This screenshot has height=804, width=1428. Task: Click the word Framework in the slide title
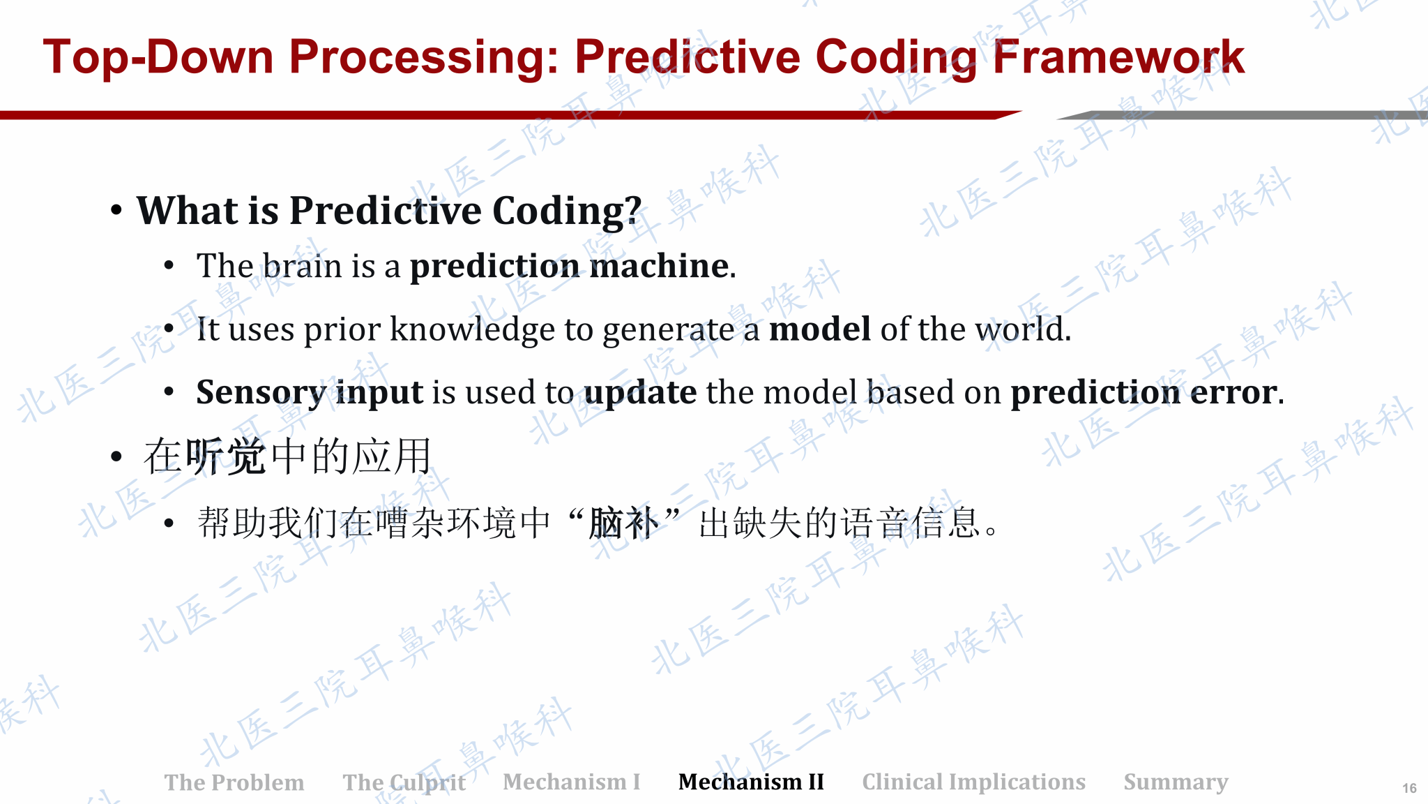point(1118,57)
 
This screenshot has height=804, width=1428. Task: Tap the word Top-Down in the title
point(159,57)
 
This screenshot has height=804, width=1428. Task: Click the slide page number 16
point(1409,788)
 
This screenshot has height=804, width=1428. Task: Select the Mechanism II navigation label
point(751,782)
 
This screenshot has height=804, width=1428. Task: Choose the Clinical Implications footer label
point(973,782)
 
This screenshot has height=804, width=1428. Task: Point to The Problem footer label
point(234,782)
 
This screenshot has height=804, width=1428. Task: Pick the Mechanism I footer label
point(572,782)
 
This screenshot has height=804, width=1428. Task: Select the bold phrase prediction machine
point(570,266)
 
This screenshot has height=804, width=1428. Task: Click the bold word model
point(820,329)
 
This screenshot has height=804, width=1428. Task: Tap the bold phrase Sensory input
point(310,392)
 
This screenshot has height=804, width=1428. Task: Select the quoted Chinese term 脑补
point(623,523)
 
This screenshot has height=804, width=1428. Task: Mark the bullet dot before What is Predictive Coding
point(116,210)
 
